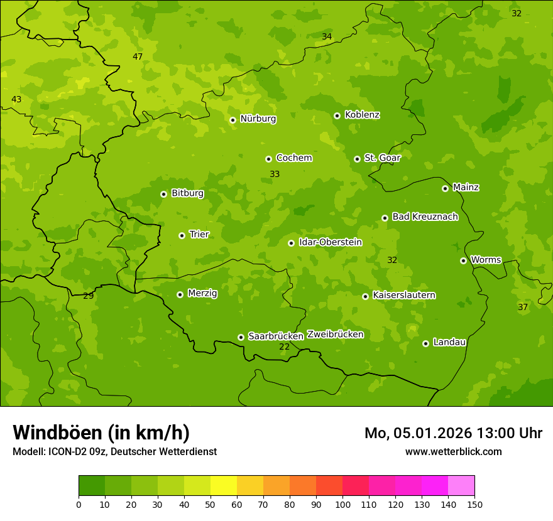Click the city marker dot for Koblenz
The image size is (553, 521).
(337, 115)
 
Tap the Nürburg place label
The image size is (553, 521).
(258, 119)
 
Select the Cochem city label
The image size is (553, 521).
(294, 158)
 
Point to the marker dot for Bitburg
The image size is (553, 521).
(163, 194)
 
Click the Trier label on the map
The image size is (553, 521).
(199, 234)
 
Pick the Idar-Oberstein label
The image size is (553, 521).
(331, 242)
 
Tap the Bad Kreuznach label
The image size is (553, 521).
(425, 217)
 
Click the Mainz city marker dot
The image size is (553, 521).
(445, 188)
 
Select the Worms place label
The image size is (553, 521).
(486, 259)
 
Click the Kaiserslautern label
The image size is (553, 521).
(404, 295)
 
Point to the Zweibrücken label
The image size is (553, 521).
(335, 334)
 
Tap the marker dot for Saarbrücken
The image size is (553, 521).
(241, 337)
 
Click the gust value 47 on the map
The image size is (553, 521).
(138, 56)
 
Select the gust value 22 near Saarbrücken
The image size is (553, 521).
(284, 346)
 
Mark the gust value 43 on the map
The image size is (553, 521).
(16, 99)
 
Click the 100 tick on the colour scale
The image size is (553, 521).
(342, 504)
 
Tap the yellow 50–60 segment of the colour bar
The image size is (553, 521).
(224, 486)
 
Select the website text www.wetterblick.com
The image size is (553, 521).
(453, 451)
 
